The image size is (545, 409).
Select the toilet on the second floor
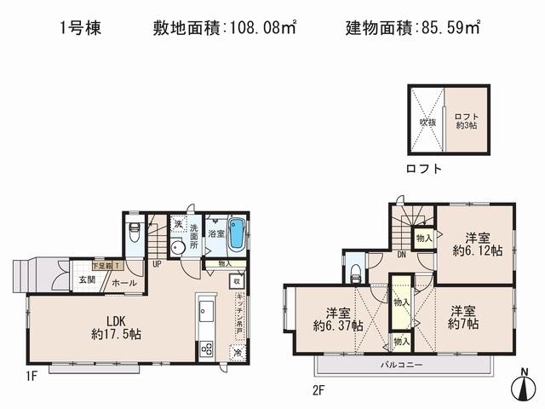(x=356, y=273)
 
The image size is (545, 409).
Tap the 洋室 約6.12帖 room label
(x=476, y=244)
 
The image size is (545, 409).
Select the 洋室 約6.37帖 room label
(x=338, y=319)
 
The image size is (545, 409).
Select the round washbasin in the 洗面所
(x=179, y=248)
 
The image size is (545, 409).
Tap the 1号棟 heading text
(x=80, y=28)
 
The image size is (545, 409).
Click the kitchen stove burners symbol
(x=207, y=349)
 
